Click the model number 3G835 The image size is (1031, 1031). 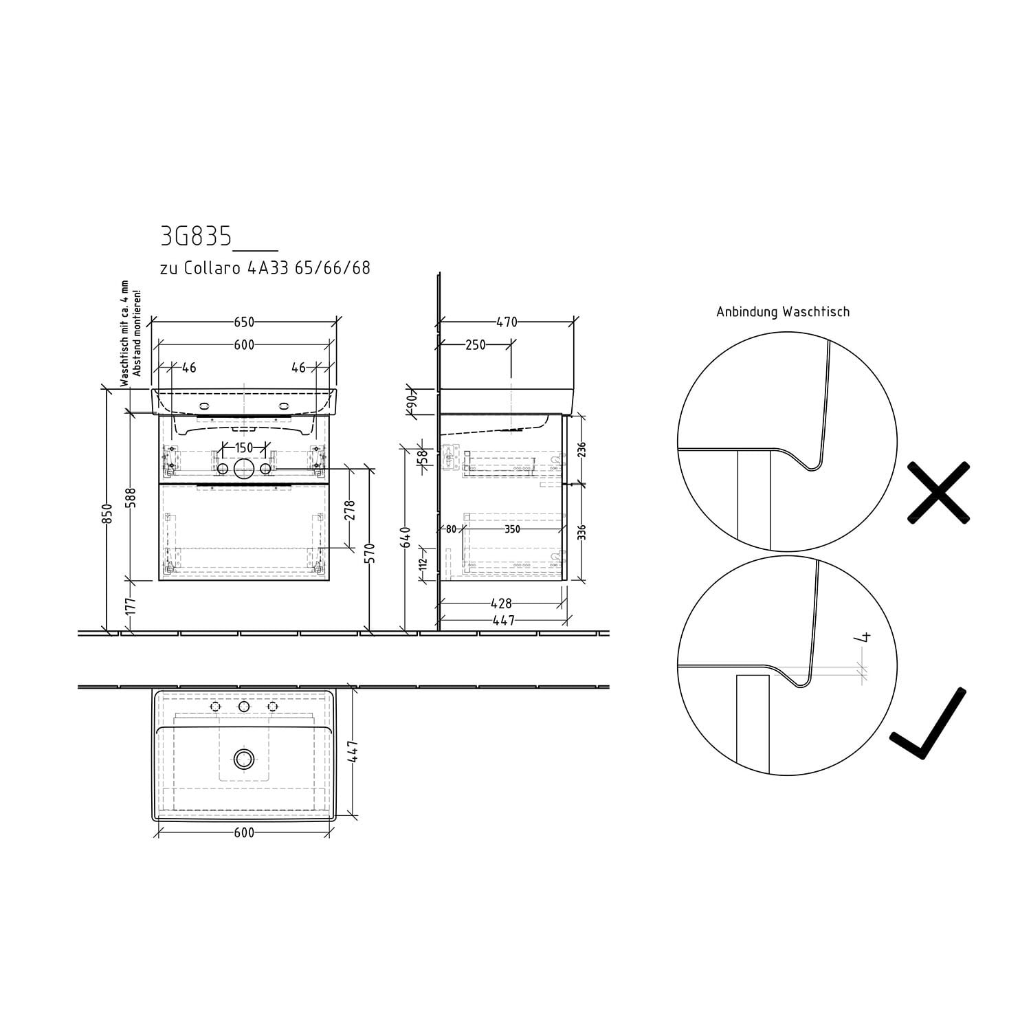pyautogui.click(x=196, y=236)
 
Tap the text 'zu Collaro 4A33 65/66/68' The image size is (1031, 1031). pyautogui.click(x=265, y=267)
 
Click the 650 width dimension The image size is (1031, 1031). pyautogui.click(x=244, y=322)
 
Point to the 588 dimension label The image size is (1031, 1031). pyautogui.click(x=131, y=498)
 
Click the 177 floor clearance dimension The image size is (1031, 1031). pyautogui.click(x=131, y=606)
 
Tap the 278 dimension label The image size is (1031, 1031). pyautogui.click(x=349, y=510)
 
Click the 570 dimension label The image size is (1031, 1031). pyautogui.click(x=370, y=553)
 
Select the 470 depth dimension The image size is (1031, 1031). pyautogui.click(x=507, y=322)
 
